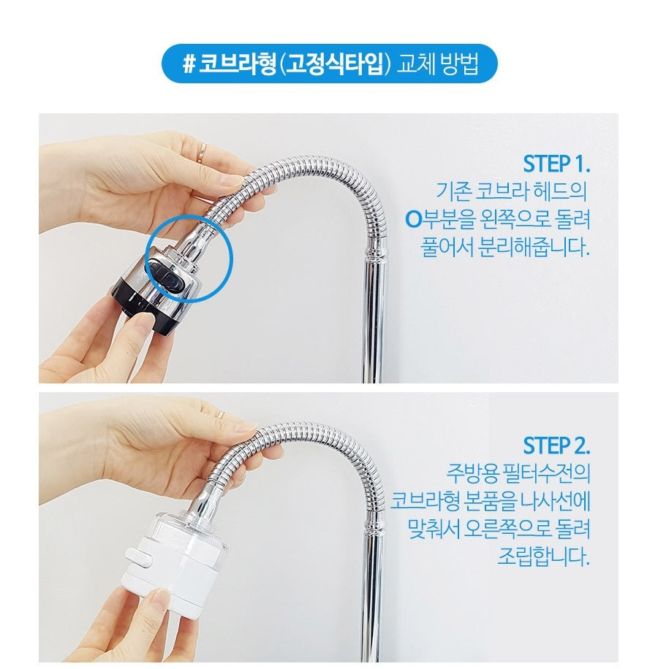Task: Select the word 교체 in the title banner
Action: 412,64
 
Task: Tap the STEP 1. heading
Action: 556,162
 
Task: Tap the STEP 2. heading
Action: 556,445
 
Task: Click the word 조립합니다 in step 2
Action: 542,557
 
